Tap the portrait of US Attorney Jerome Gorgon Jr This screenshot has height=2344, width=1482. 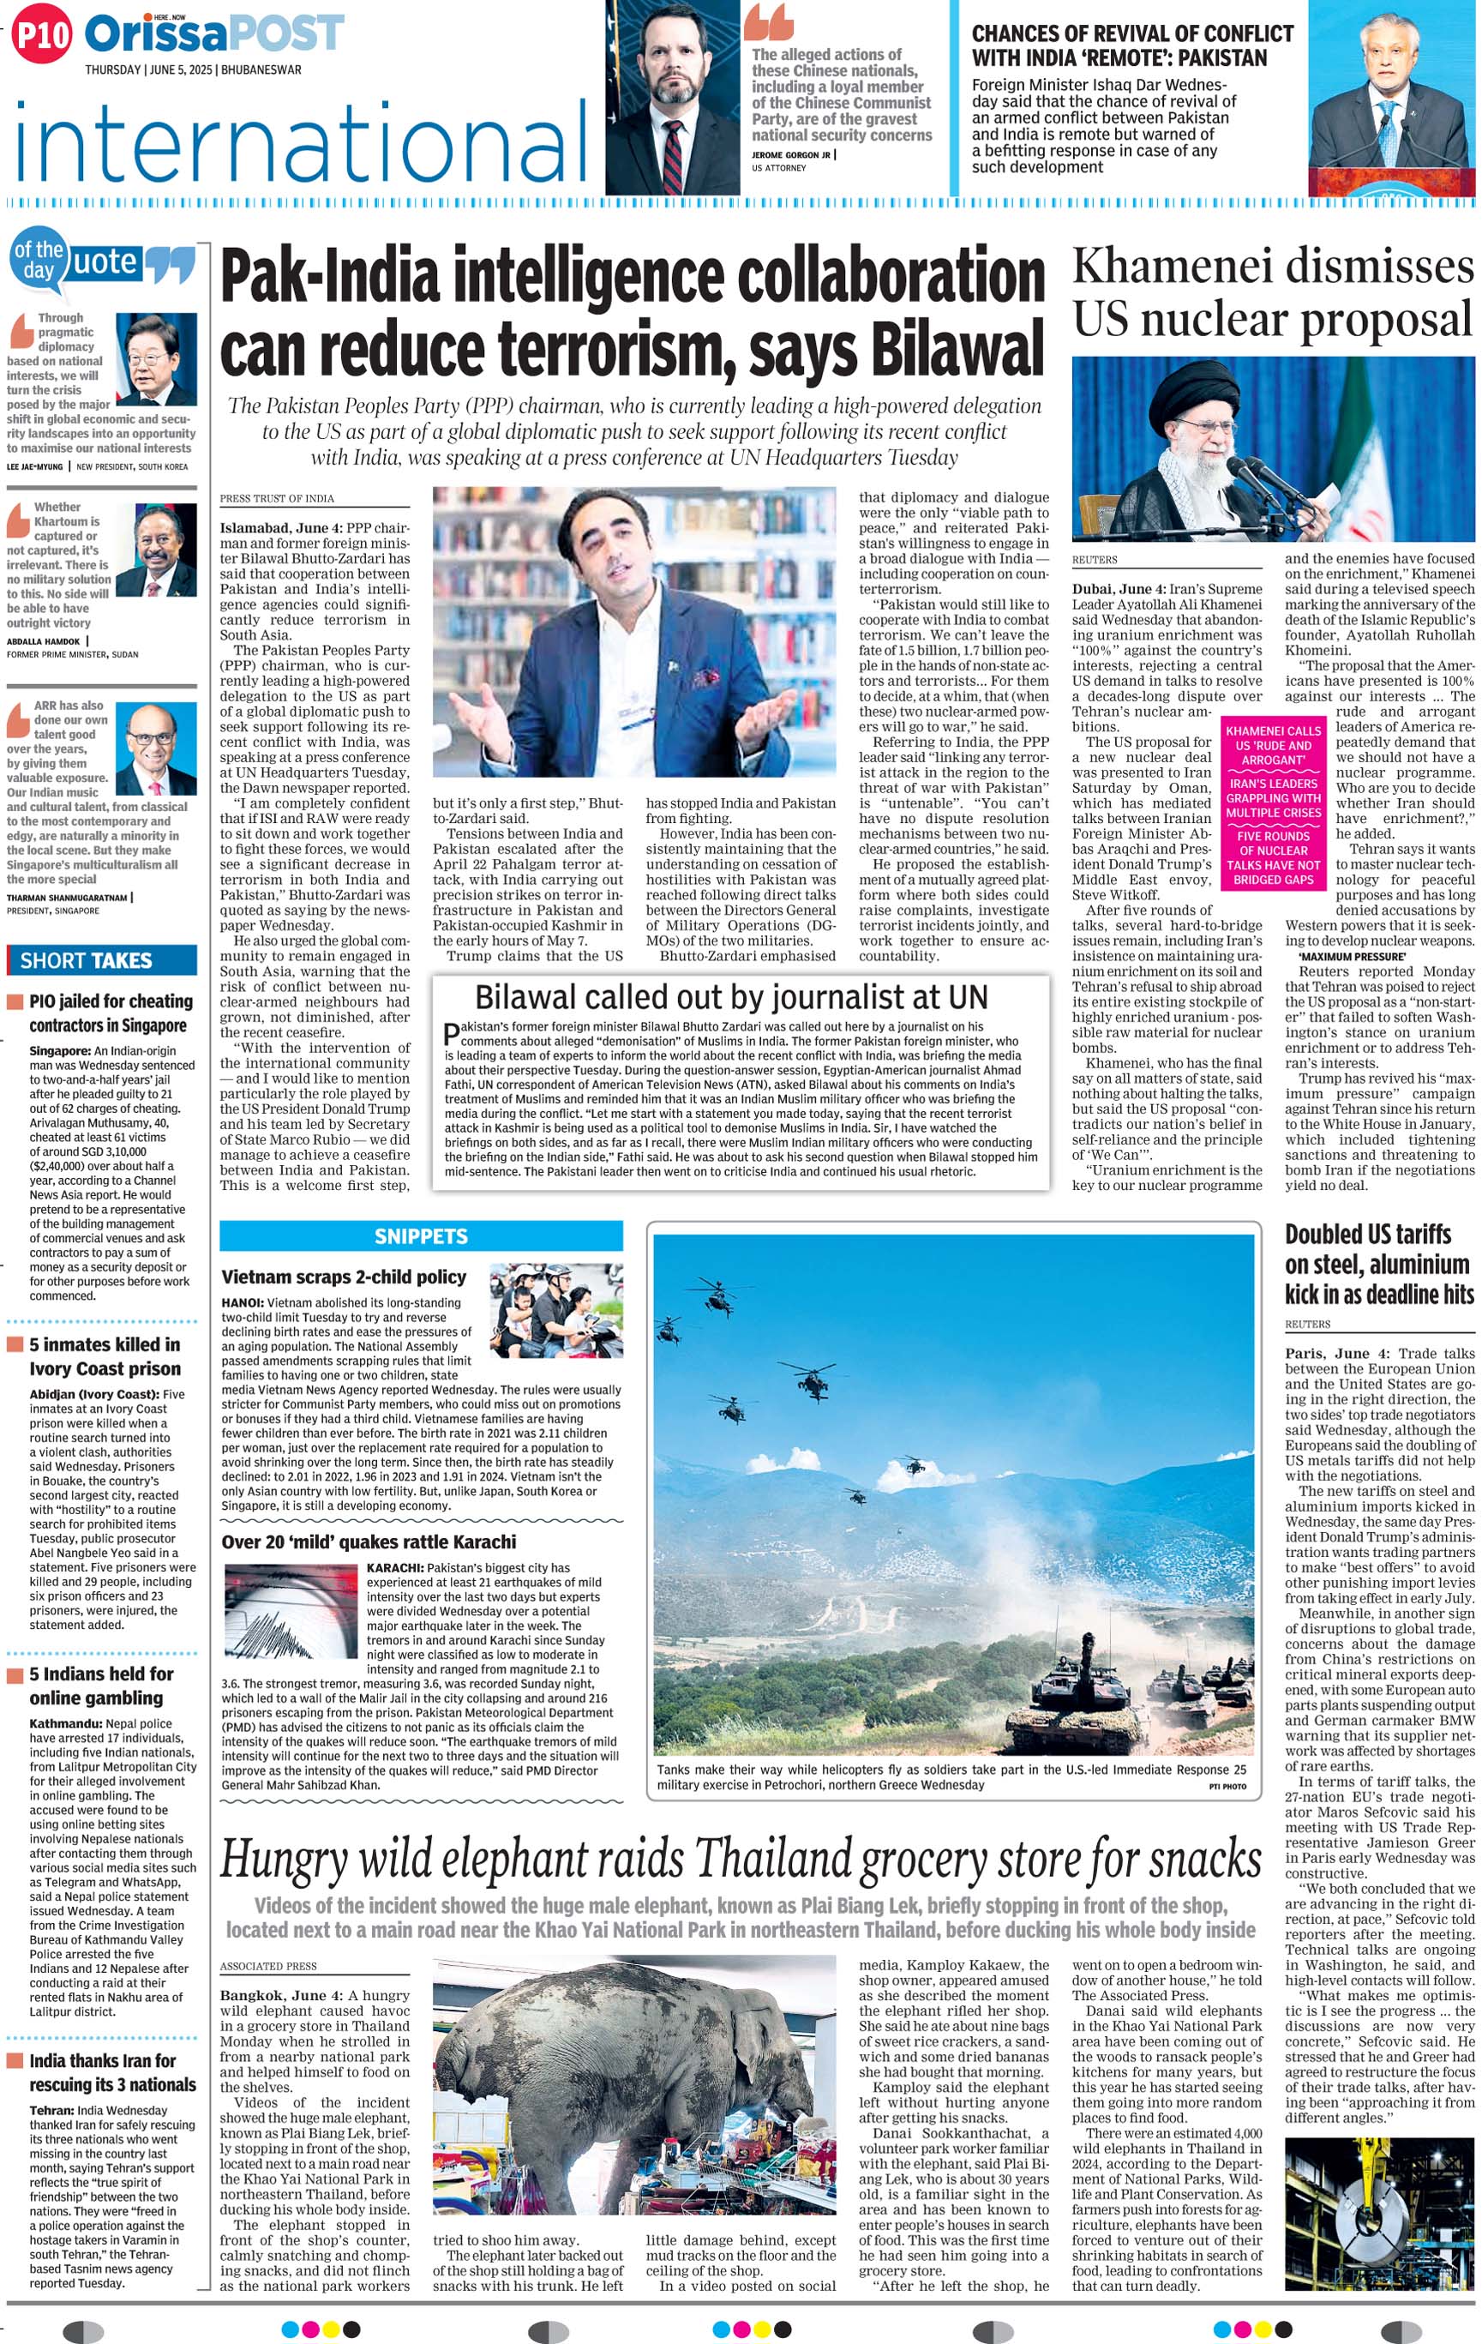pos(671,98)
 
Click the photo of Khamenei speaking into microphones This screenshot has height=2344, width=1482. pos(1273,448)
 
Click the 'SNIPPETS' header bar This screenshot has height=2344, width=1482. pos(420,1236)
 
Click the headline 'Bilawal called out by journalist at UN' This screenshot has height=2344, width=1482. pos(731,997)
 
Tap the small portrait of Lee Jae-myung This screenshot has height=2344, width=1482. pos(157,359)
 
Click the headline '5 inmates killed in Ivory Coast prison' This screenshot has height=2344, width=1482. pos(104,1356)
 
